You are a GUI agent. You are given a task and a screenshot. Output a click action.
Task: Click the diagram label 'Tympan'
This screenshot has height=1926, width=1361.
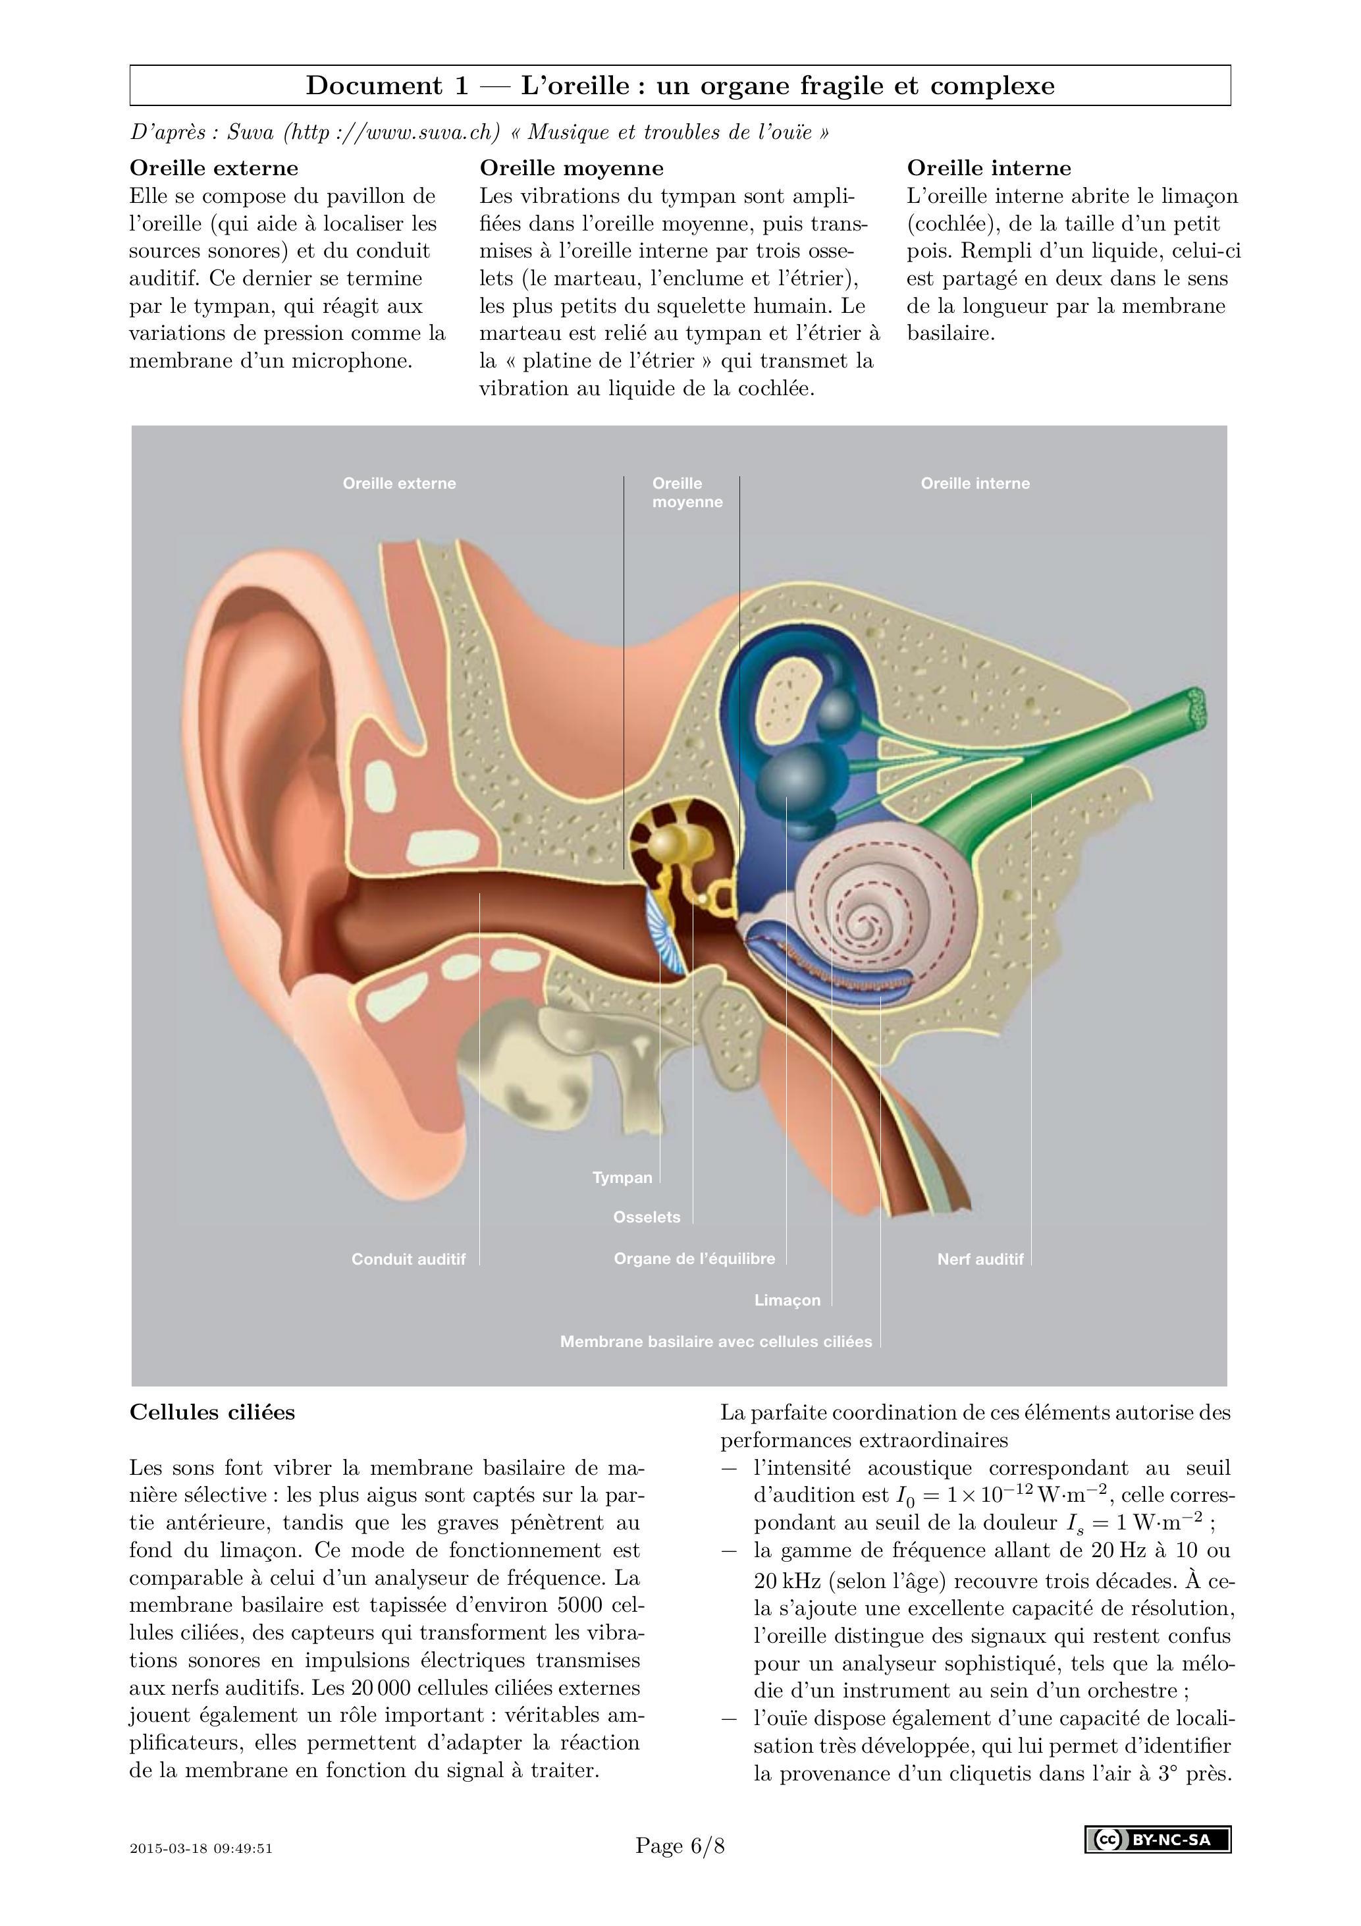click(622, 1178)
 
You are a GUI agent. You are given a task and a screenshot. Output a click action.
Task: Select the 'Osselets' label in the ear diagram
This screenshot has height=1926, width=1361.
click(647, 1217)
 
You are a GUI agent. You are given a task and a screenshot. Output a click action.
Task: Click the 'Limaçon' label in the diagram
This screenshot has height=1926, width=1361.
click(787, 1300)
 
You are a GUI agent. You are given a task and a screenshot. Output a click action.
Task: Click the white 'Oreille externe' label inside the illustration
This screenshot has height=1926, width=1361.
click(399, 483)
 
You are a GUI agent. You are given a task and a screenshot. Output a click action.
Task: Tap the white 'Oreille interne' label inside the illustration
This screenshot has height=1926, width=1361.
click(975, 483)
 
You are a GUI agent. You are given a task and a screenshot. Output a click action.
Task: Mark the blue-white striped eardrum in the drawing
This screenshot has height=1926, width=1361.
click(666, 931)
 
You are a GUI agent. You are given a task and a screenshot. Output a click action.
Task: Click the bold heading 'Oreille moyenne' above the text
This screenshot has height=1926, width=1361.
click(571, 168)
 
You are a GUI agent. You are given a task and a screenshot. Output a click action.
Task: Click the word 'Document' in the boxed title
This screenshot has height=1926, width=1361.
click(373, 86)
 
